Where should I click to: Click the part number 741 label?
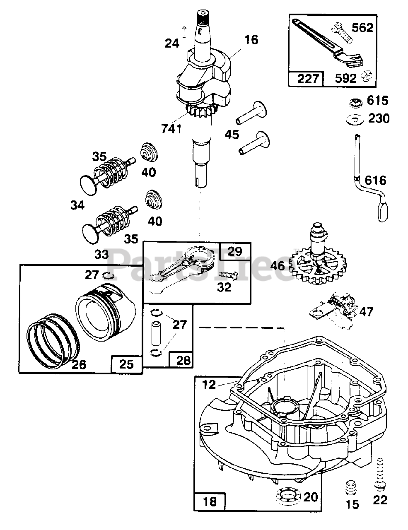point(171,128)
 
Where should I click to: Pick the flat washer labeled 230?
point(355,120)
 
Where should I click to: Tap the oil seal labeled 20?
point(289,495)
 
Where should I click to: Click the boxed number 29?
point(234,251)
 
